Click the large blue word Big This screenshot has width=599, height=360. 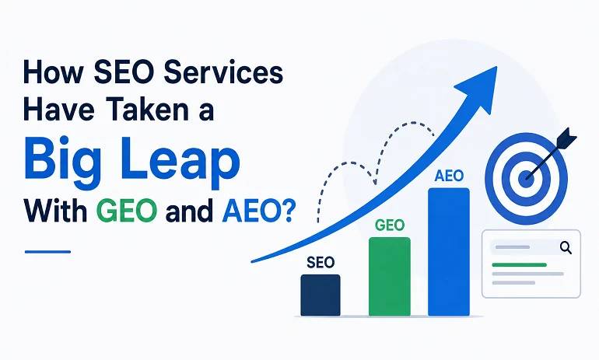(x=62, y=159)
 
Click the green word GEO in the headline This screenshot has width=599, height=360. (x=127, y=211)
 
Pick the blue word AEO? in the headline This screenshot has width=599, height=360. (x=258, y=211)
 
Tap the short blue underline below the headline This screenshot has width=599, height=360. (x=47, y=252)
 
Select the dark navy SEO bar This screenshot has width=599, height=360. (x=321, y=295)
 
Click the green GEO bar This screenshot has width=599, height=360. (x=389, y=276)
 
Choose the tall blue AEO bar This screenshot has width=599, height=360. (x=449, y=252)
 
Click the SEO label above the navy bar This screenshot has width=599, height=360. (x=321, y=262)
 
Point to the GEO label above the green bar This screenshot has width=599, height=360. (x=389, y=225)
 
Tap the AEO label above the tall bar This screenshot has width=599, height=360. (x=449, y=176)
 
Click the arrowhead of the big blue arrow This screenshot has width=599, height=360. (x=480, y=89)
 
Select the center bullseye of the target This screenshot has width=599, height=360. (x=526, y=178)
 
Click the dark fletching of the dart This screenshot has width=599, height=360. (x=566, y=138)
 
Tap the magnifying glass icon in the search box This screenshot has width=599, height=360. (x=566, y=248)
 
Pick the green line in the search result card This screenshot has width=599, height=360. (x=519, y=264)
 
